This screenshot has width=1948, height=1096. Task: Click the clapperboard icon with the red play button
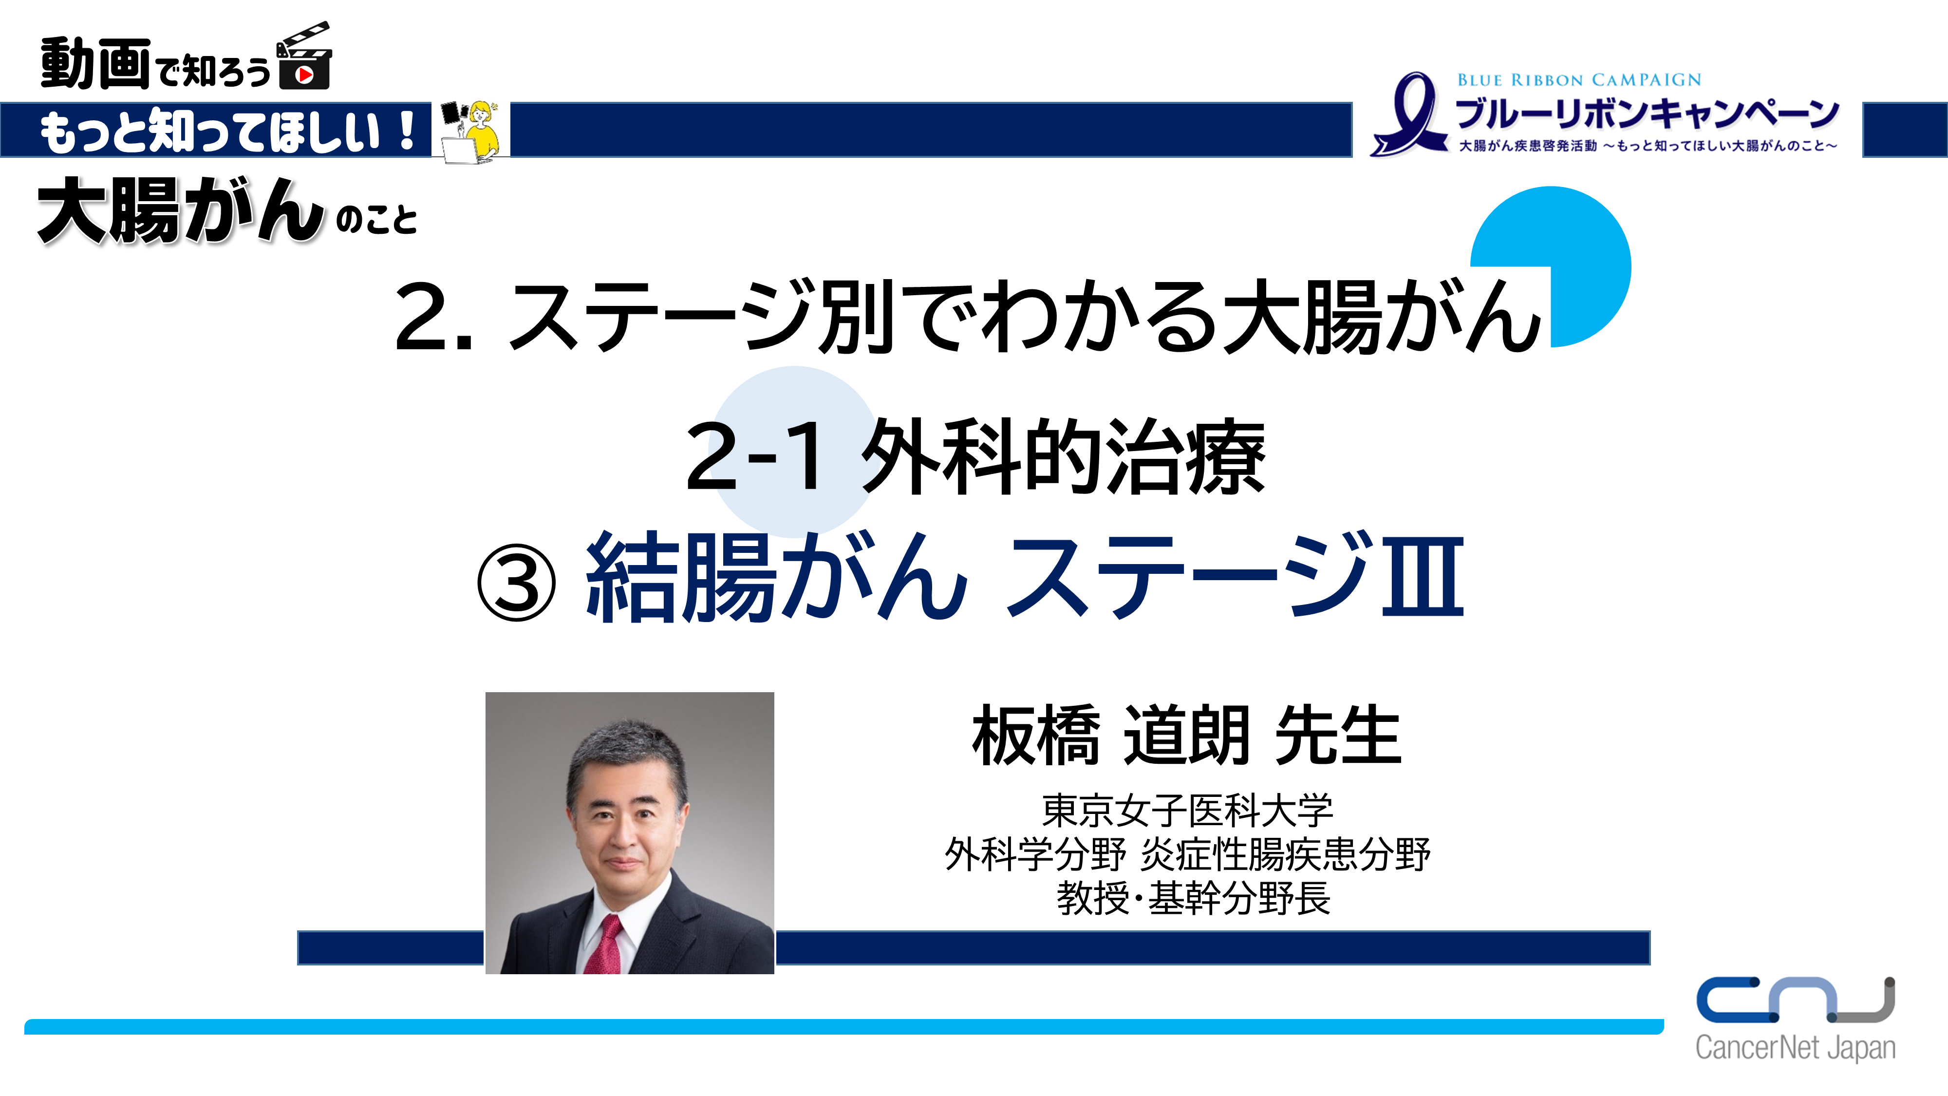click(x=304, y=57)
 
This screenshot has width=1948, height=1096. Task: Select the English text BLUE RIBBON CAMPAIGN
click(x=1579, y=80)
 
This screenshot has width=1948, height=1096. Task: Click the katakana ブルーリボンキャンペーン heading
click(x=1647, y=113)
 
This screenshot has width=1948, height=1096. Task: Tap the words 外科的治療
click(x=1063, y=456)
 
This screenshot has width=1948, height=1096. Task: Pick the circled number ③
click(x=517, y=583)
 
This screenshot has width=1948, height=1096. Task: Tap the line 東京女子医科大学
click(x=1187, y=811)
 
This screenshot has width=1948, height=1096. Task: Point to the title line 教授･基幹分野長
click(x=1193, y=899)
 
